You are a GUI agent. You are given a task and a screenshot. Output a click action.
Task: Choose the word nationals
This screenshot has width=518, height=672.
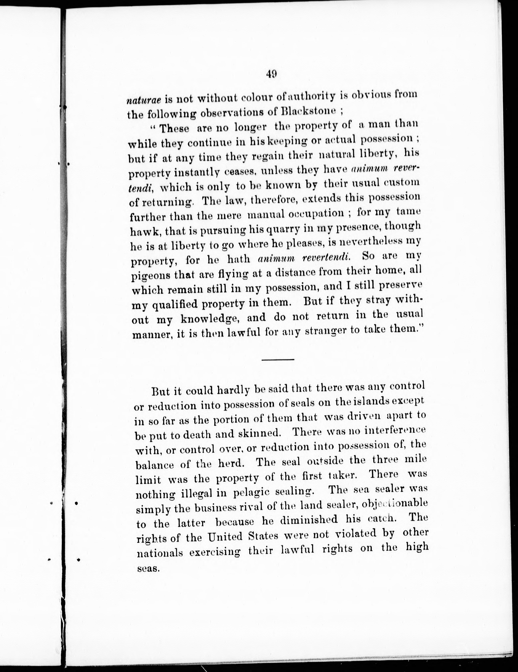pos(160,553)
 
